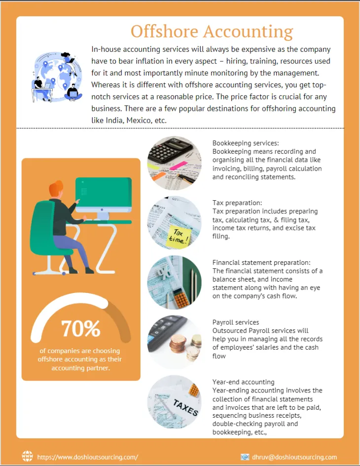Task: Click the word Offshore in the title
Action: click(164, 31)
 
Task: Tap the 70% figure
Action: click(81, 328)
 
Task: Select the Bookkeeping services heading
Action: click(246, 143)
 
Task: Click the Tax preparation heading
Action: click(237, 203)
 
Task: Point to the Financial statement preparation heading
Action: click(261, 262)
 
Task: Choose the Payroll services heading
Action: click(236, 322)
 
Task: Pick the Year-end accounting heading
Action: click(244, 382)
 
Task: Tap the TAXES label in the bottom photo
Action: click(185, 407)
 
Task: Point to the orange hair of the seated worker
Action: click(57, 188)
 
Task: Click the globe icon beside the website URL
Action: click(28, 456)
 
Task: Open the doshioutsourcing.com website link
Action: click(87, 457)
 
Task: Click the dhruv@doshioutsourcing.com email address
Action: click(294, 457)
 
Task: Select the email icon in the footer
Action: click(245, 457)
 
